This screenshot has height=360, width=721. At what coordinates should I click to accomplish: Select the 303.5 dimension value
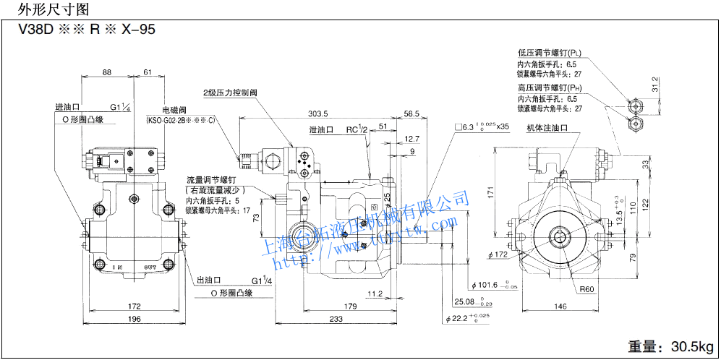317,113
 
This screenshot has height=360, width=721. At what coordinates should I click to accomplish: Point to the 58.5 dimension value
411,113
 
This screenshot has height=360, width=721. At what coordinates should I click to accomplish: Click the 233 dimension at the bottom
335,319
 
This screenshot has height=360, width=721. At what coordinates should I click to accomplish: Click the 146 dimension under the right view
560,307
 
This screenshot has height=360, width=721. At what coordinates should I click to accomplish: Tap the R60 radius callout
587,291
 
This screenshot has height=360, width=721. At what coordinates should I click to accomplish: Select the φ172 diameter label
498,254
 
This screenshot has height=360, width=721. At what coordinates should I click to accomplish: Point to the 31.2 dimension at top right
655,85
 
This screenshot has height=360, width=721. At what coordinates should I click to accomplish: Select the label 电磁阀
175,109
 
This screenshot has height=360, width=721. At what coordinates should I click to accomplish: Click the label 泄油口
320,129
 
